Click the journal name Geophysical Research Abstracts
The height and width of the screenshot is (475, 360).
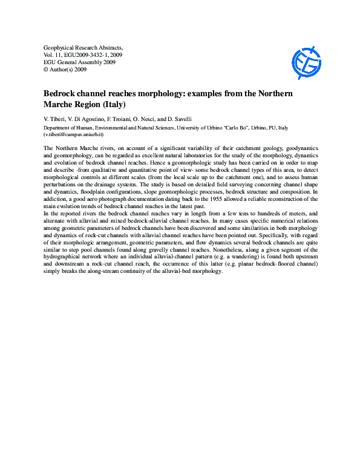(84, 47)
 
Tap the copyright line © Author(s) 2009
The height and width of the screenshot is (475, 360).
(65, 70)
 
